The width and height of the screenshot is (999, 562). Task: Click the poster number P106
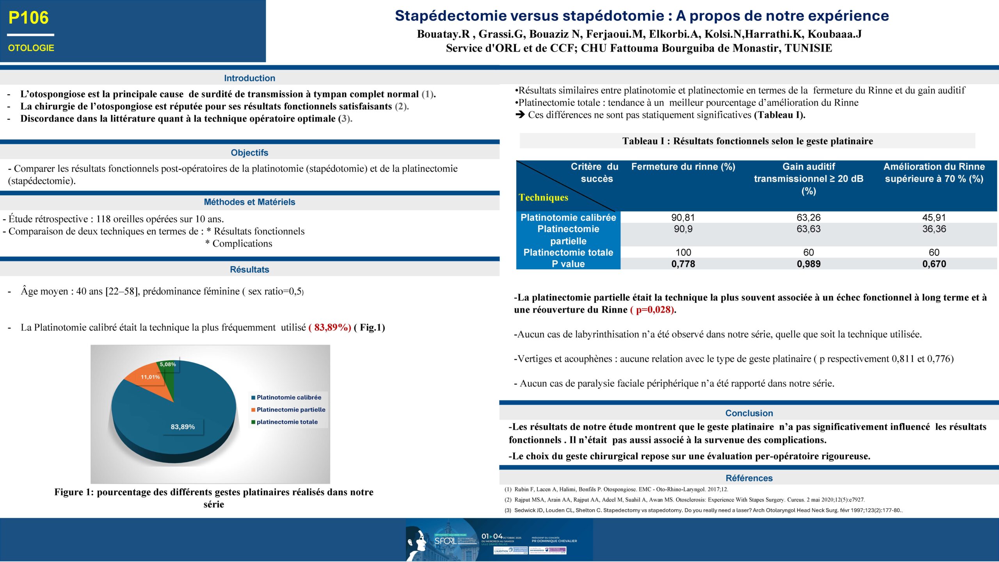tap(28, 18)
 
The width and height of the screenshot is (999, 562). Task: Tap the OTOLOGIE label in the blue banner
tap(31, 48)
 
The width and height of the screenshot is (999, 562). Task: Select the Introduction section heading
tap(249, 78)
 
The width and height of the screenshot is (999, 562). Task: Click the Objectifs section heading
tap(249, 153)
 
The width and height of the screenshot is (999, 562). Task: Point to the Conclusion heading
tap(749, 413)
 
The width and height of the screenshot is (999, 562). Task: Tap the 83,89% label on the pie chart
tap(183, 427)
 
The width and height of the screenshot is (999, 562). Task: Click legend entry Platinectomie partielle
tap(291, 409)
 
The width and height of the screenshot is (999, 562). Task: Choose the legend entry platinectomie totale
tap(287, 422)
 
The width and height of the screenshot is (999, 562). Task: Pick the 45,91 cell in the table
tap(934, 217)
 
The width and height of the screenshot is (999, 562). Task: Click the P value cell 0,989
tap(809, 264)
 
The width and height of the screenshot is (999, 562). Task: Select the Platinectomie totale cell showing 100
tap(683, 253)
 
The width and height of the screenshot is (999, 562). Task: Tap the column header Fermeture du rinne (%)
tap(683, 167)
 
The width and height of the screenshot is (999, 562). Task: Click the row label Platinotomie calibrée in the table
tap(568, 217)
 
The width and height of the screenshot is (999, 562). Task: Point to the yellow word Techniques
tap(543, 197)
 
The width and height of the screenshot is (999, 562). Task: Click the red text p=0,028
tap(652, 310)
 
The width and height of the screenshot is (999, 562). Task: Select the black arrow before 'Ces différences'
tap(520, 115)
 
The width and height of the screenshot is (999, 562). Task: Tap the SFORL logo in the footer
tap(445, 541)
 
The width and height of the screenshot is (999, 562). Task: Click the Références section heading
tap(749, 478)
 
